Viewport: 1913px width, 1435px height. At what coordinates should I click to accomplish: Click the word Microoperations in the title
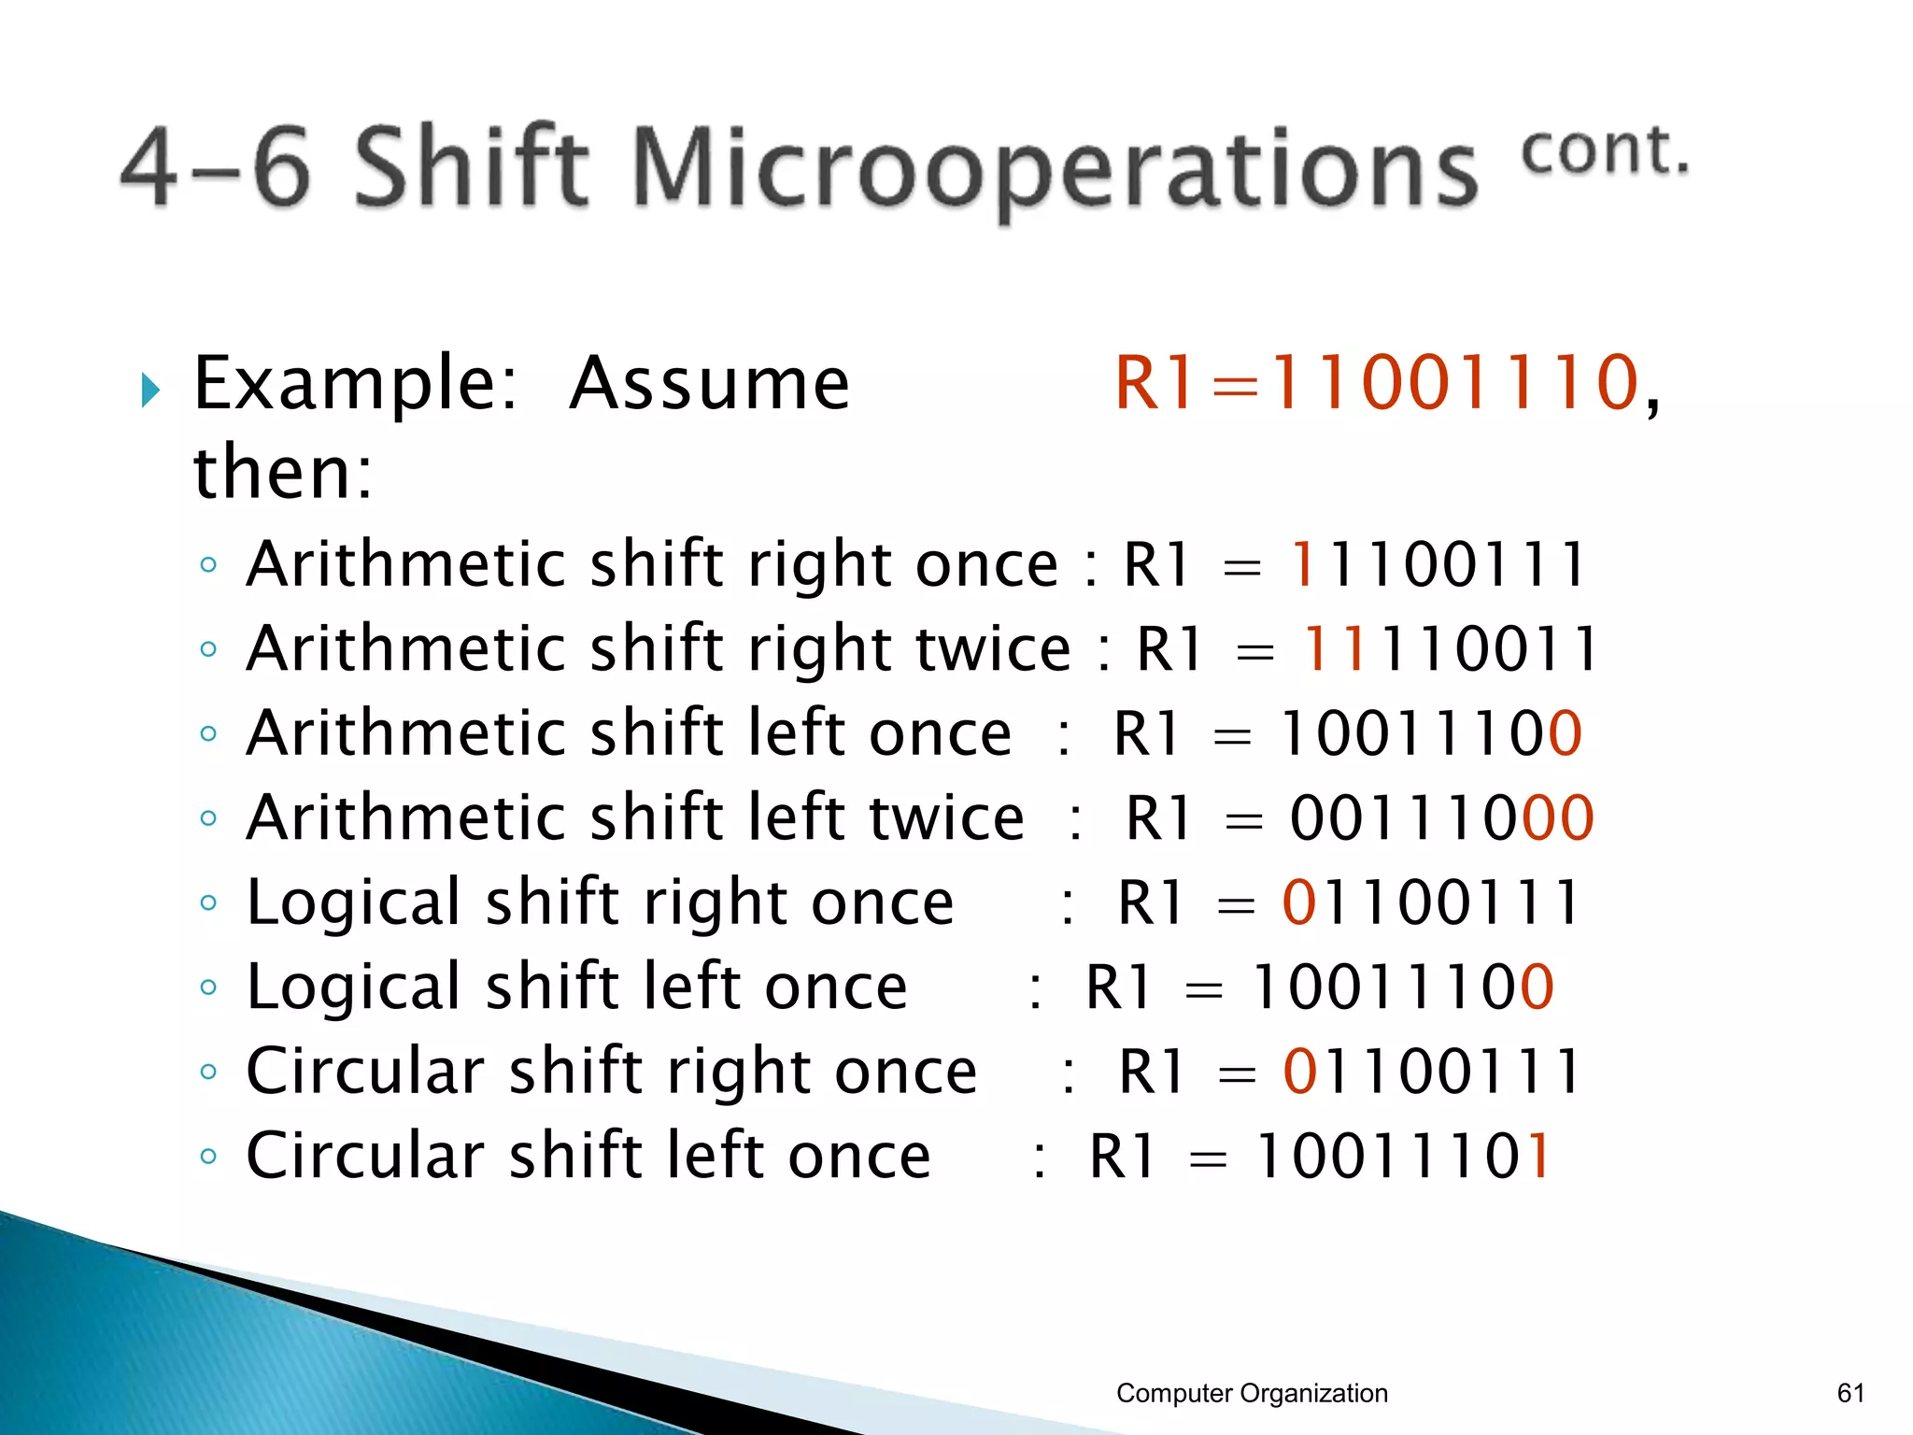1056,168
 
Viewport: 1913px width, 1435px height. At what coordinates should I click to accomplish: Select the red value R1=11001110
1378,383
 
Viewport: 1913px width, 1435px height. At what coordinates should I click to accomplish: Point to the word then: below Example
282,472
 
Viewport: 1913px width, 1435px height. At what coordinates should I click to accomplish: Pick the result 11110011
1450,648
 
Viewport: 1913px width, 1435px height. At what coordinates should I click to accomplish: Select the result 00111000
1441,818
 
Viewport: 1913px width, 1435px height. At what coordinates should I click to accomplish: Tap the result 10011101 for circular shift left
1403,1157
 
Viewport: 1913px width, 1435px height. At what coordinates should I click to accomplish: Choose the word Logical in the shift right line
354,903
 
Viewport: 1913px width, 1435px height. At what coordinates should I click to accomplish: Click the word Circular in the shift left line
365,1157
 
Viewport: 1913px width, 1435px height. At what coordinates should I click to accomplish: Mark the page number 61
1850,1393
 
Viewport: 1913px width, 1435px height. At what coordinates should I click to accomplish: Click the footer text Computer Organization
1252,1393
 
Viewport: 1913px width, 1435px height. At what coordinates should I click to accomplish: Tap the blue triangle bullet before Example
150,390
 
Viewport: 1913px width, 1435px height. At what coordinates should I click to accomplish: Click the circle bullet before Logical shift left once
208,987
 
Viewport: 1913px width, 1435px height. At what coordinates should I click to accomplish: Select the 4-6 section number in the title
215,168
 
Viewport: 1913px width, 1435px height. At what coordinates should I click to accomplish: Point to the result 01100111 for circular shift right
1431,1072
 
